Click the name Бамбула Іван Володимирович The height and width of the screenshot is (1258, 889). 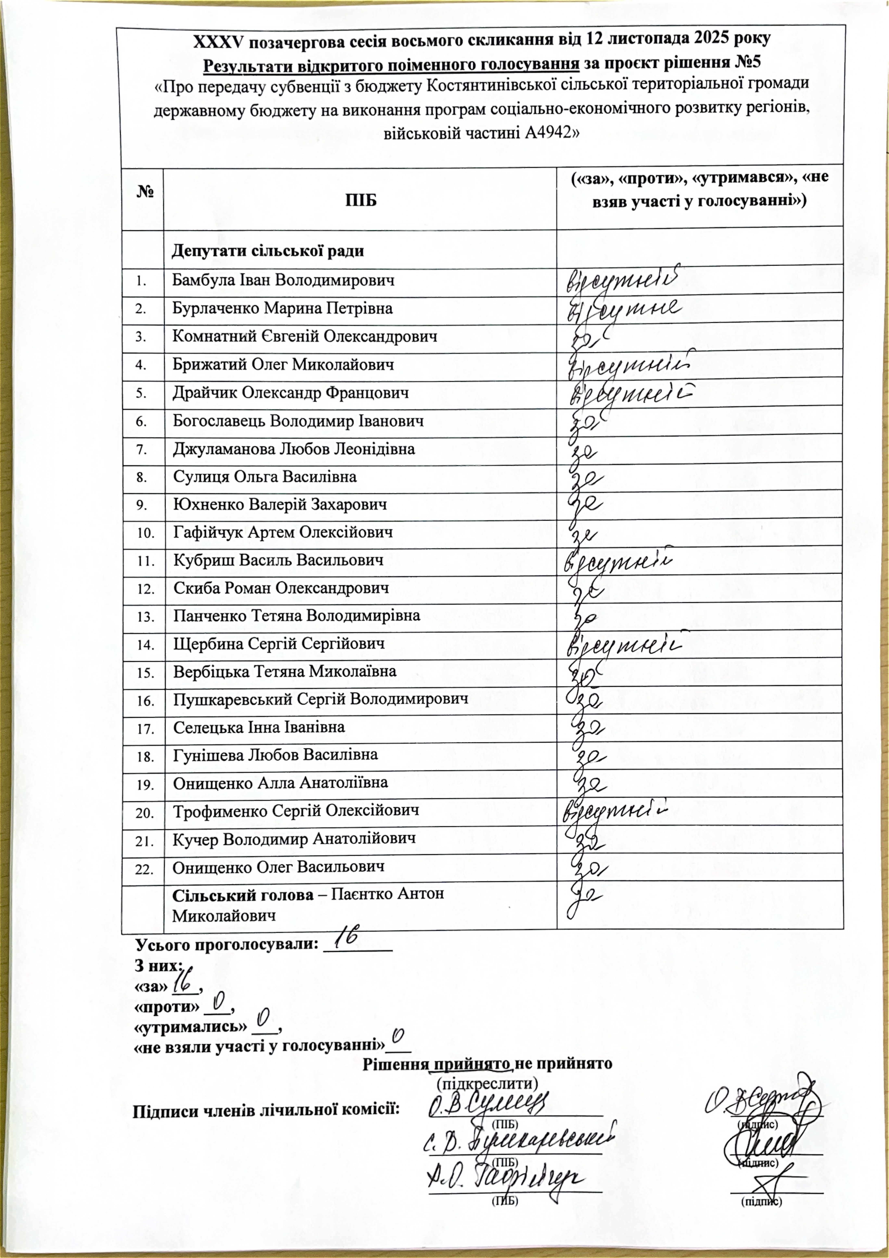tap(283, 281)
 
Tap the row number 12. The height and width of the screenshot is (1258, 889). tap(145, 590)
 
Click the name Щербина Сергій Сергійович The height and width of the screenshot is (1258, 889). tap(279, 644)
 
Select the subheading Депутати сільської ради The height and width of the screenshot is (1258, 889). tap(268, 251)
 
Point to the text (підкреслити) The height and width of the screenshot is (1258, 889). tap(487, 1082)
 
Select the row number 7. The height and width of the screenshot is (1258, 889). tap(142, 450)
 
